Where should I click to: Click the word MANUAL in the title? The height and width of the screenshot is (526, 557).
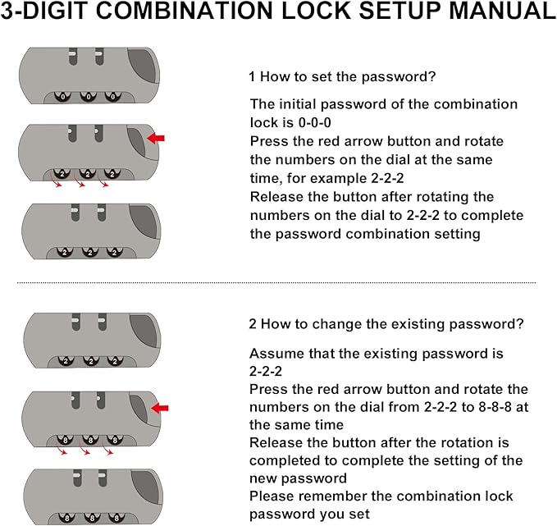tap(503, 11)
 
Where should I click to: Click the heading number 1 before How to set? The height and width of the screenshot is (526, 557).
tap(252, 76)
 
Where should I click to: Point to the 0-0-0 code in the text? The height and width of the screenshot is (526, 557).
tap(314, 122)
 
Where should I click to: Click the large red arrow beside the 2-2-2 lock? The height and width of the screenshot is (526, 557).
tap(156, 138)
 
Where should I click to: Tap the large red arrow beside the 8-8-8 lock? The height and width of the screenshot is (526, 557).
tap(160, 408)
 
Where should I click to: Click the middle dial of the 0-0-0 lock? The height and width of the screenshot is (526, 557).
tap(88, 97)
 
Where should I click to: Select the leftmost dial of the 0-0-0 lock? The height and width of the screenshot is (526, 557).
tap(63, 97)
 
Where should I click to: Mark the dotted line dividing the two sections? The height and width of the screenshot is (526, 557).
tap(276, 283)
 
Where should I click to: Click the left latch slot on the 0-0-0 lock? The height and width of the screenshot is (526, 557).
tap(73, 56)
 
